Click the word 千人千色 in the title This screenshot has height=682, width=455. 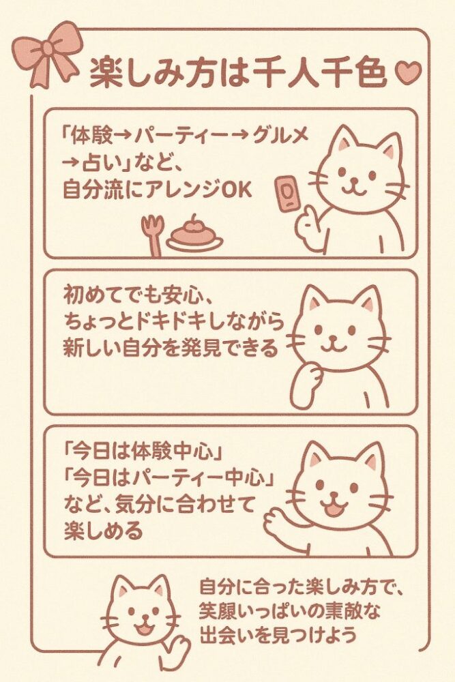click(x=320, y=73)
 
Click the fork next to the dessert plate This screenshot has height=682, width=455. click(x=152, y=235)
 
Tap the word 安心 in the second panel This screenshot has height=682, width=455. click(x=181, y=296)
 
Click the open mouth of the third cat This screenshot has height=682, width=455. click(x=334, y=509)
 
